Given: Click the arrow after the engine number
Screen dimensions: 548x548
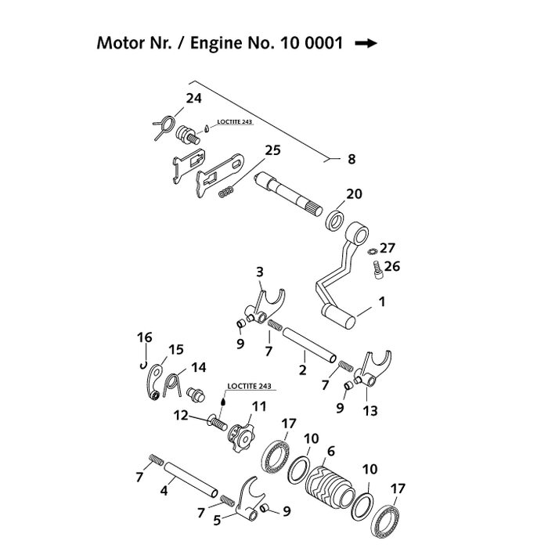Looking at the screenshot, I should coord(366,45).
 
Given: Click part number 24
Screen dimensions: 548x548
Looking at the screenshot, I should coord(193,98).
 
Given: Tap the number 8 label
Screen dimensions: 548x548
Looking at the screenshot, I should coord(352,159).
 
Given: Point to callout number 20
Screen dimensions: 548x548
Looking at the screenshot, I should coord(354,194).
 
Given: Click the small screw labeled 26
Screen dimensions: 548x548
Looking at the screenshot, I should coord(375,269).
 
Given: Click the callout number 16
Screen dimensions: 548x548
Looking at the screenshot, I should coord(144,337).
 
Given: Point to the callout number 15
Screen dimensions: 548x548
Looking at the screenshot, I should coord(175,349).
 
